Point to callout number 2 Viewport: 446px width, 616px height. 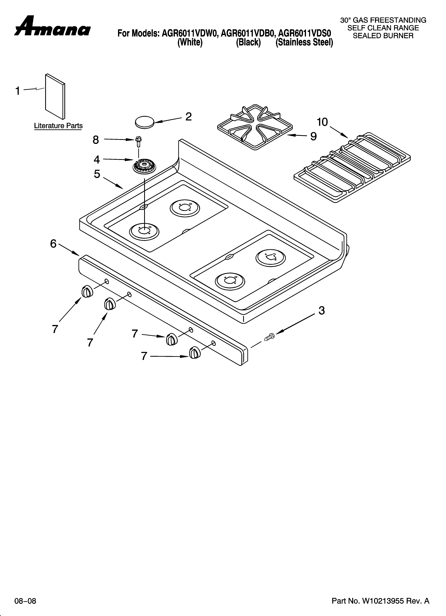(x=188, y=117)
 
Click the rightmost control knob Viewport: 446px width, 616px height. (x=194, y=353)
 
